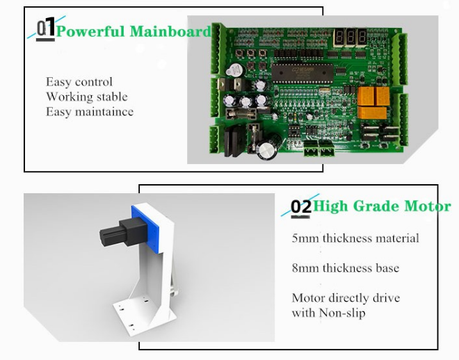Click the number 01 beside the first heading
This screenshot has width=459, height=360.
46,28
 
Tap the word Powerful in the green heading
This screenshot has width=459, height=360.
90,31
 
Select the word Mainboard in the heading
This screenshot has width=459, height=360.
170,31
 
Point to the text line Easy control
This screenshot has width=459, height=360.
79,82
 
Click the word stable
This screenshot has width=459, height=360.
112,97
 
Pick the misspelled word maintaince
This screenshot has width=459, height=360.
104,112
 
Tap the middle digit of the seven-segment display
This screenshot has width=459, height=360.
350,37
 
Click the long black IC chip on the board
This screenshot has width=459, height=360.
302,73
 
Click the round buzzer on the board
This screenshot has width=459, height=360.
235,70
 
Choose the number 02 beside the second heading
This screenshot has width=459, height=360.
301,207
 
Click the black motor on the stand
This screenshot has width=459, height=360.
123,233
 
